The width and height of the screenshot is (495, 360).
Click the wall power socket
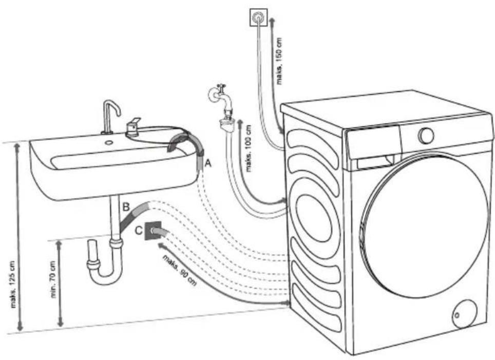[x=259, y=18]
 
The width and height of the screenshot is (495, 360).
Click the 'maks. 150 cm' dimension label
[x=279, y=61]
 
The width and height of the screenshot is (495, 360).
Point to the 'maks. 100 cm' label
[x=249, y=148]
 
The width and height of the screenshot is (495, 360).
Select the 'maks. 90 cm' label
[x=180, y=270]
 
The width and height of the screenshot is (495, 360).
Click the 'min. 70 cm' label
[x=53, y=279]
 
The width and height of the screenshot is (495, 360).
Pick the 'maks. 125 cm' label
[x=13, y=284]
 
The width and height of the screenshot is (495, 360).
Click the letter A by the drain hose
[x=207, y=163]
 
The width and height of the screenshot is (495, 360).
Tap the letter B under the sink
[x=126, y=207]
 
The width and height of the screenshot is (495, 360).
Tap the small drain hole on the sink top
[x=109, y=142]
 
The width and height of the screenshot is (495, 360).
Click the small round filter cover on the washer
[x=464, y=315]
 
